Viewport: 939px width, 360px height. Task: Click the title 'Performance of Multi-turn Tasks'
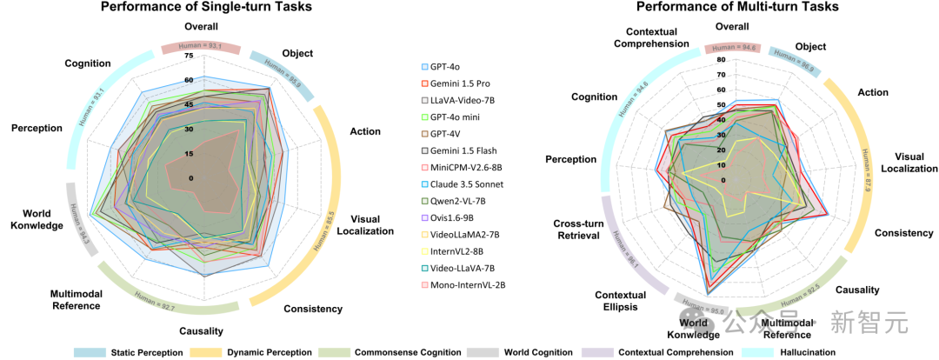click(x=738, y=7)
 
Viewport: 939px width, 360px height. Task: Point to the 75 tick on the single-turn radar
click(x=189, y=57)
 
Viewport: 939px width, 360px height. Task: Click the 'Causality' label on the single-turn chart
click(x=201, y=330)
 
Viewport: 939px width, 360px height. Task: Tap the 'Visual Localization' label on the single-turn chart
click(x=376, y=225)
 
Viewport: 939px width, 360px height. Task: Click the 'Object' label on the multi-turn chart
click(x=810, y=47)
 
